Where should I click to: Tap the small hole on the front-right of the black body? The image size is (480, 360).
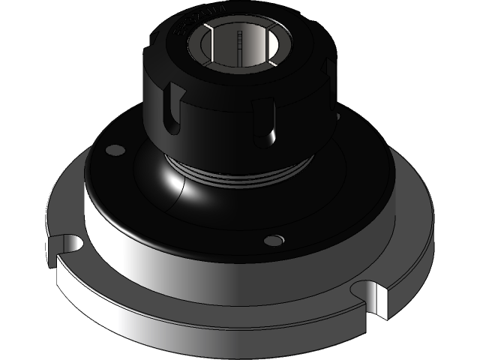pyautogui.click(x=276, y=239)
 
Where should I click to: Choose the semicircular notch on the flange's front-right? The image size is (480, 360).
pyautogui.click(x=373, y=294)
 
